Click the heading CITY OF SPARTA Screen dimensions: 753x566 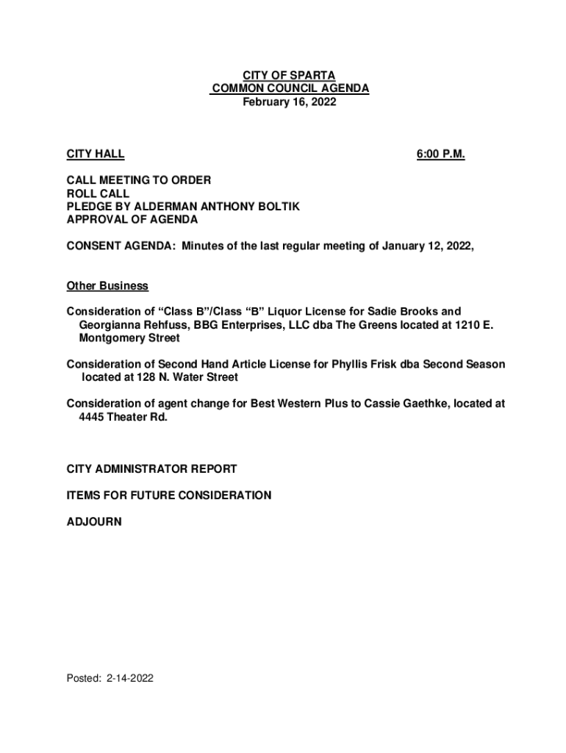click(x=290, y=76)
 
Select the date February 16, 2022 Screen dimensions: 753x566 click(x=290, y=102)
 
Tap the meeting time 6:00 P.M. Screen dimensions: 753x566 click(x=440, y=154)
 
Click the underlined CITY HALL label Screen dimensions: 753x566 click(x=96, y=154)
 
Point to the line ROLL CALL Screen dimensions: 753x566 click(x=98, y=193)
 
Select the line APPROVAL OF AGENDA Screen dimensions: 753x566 click(x=132, y=220)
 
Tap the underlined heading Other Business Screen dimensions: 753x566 click(x=107, y=285)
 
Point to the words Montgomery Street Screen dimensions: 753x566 click(x=129, y=338)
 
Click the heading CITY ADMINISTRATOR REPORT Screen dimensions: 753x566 click(x=151, y=468)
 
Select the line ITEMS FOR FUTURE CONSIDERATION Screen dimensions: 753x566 click(x=169, y=496)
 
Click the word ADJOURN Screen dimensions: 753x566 click(x=94, y=522)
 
